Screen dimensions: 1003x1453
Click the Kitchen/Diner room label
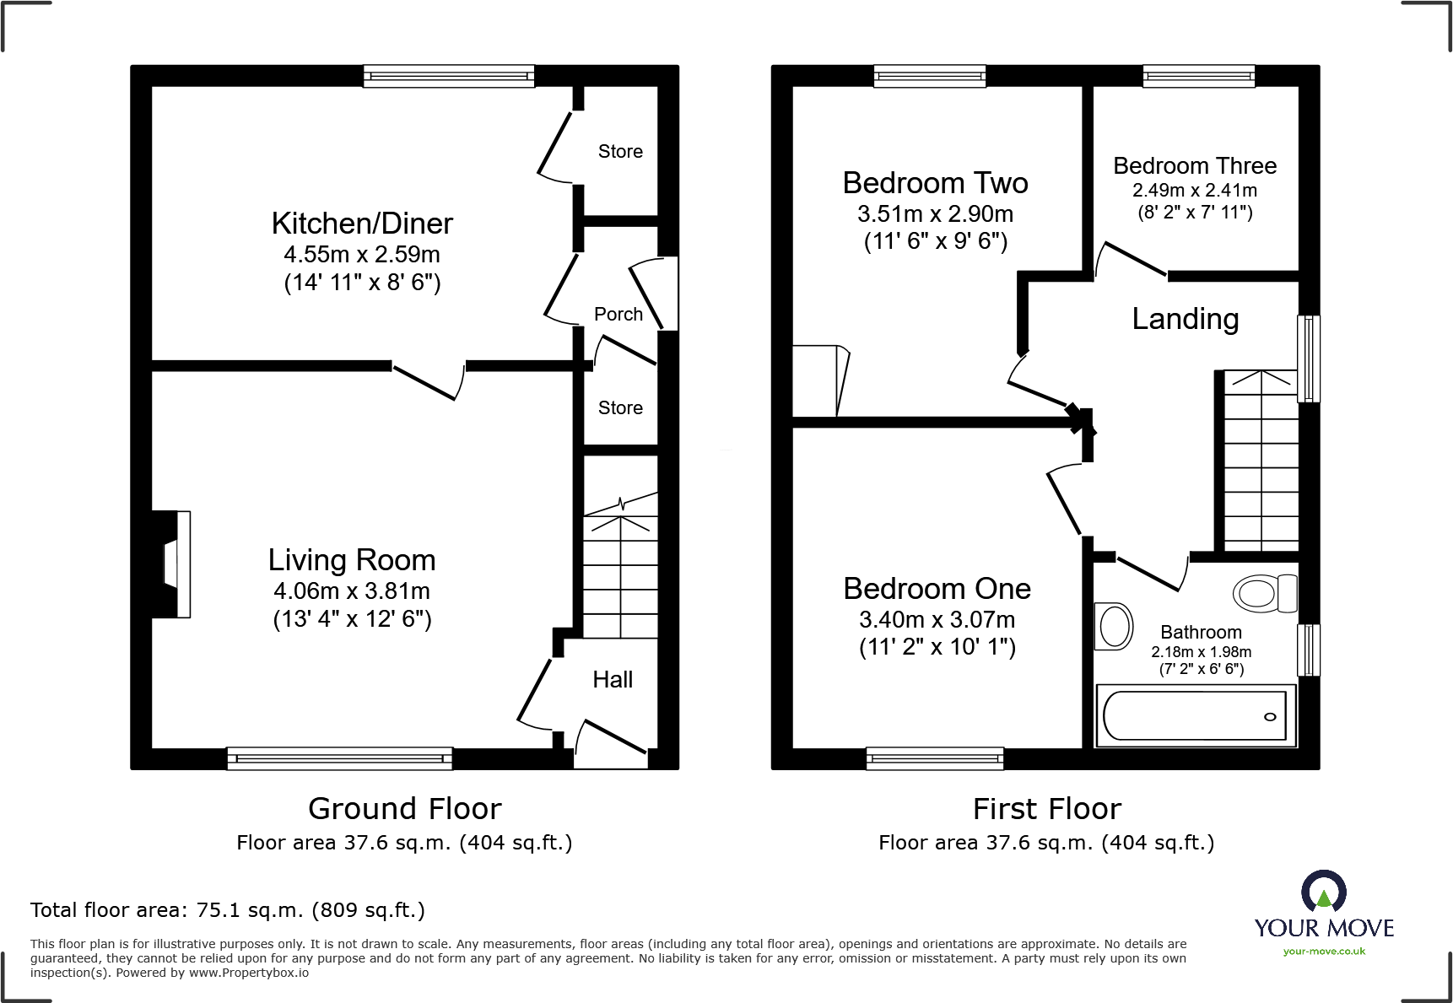click(x=362, y=224)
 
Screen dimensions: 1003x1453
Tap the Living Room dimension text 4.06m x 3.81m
click(x=352, y=591)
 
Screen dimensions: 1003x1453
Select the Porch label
click(x=618, y=315)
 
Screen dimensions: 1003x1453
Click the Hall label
click(x=613, y=680)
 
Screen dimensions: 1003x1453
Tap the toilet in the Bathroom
click(x=1264, y=593)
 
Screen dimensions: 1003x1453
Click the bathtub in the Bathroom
click(x=1194, y=716)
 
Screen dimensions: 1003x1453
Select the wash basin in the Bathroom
click(x=1114, y=627)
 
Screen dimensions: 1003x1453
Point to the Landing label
click(x=1185, y=319)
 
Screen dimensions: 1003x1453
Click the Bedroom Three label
click(x=1194, y=166)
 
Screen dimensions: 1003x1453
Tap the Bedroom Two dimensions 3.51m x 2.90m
click(x=935, y=214)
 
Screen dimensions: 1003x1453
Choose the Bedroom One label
click(x=937, y=589)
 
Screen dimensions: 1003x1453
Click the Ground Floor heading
click(x=404, y=809)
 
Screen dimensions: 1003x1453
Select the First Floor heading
click(x=1046, y=809)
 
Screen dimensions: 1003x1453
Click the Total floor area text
click(x=228, y=910)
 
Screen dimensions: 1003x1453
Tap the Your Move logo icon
click(x=1323, y=892)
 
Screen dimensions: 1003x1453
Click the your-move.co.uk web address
click(x=1324, y=952)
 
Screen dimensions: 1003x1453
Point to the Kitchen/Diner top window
click(x=449, y=77)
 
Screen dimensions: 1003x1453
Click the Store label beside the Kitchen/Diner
click(x=620, y=152)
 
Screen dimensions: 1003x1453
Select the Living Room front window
click(x=339, y=758)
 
